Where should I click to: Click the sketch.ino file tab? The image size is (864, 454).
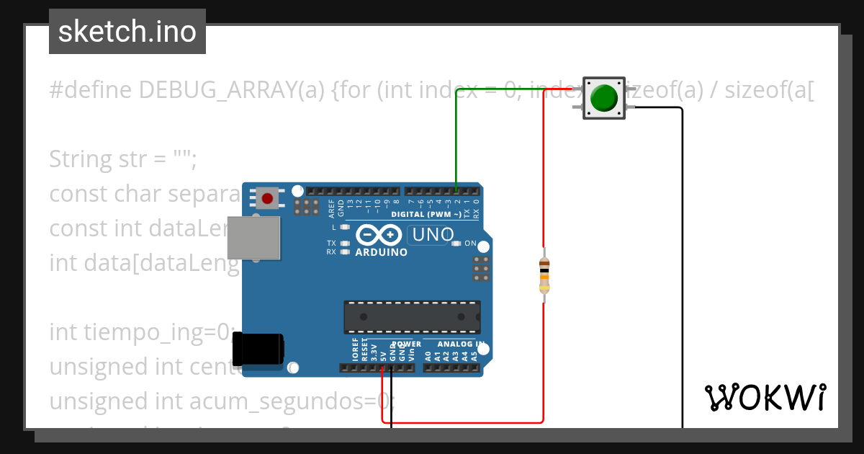coord(127,32)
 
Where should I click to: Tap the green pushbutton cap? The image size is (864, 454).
coord(603,98)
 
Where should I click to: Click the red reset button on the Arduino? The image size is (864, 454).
coord(268,197)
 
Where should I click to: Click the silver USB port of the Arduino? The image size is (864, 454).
coord(253,237)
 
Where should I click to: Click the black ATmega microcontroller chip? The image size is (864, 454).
coord(412,317)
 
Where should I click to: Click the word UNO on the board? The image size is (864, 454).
coord(432,235)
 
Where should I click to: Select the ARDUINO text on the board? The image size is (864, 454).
coord(381,252)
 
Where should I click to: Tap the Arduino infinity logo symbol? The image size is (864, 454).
coord(379,235)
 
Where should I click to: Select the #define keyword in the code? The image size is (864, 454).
coord(91,90)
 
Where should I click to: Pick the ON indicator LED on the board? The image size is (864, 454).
coord(456,244)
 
